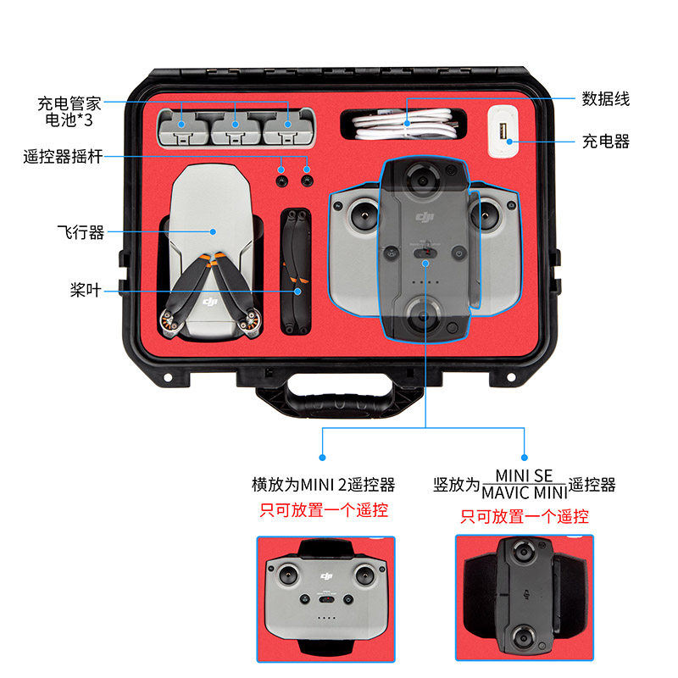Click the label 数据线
click(x=605, y=99)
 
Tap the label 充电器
click(x=605, y=142)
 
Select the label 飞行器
click(x=81, y=231)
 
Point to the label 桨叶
click(x=85, y=289)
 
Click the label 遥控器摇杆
click(x=63, y=156)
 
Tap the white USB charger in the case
click(x=503, y=132)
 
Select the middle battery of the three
click(x=236, y=128)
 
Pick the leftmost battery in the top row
click(x=184, y=128)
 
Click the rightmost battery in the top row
click(x=288, y=128)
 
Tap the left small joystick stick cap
click(x=281, y=180)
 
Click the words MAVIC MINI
click(x=523, y=492)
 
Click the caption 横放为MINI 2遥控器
click(x=324, y=485)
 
